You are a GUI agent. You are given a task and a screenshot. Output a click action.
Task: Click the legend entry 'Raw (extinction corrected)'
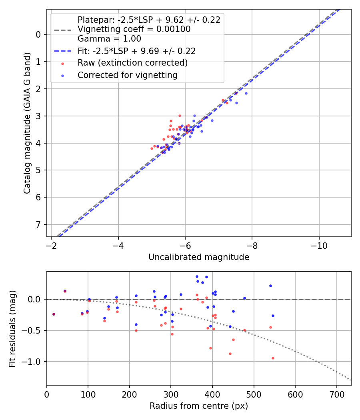coord(132,63)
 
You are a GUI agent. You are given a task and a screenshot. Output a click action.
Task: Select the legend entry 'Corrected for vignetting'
coord(127,75)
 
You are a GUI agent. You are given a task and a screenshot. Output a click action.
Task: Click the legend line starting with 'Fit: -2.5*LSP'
coord(136,51)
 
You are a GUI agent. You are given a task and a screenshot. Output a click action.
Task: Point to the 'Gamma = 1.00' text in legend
coord(109,39)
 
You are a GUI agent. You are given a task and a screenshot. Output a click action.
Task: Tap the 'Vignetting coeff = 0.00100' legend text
coord(134,29)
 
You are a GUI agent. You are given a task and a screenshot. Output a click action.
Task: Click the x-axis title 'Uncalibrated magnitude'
coord(199,257)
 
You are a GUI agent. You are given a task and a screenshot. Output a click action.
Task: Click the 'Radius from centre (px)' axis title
coord(199,406)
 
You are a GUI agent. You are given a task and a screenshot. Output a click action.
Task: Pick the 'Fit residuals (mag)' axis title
coord(12,328)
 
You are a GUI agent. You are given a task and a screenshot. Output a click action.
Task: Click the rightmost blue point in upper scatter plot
coord(246,93)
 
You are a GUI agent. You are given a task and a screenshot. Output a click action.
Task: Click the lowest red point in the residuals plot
coord(273,358)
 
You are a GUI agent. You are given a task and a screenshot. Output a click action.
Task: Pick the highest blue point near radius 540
coord(270,286)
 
